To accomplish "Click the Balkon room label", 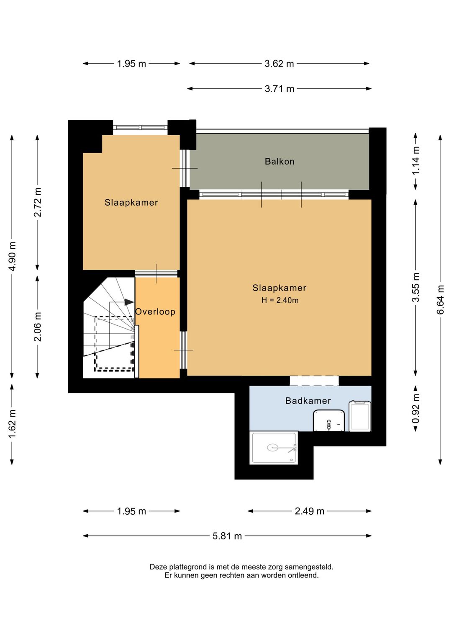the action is [x=279, y=162].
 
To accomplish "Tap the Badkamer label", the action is [x=308, y=401].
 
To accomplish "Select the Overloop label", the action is [x=155, y=312].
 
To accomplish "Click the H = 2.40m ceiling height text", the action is [x=280, y=300].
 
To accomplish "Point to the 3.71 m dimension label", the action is [x=279, y=89].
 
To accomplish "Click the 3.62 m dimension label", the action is [x=279, y=64].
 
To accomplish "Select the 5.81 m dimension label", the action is [x=227, y=536].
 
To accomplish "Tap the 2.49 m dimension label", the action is [x=309, y=511].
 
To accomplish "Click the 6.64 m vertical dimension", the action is [x=440, y=299].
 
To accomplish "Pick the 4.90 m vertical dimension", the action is [x=12, y=256].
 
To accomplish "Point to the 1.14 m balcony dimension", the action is [x=416, y=160].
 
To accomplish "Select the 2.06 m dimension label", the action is [x=37, y=326].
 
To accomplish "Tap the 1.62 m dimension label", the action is [x=12, y=424].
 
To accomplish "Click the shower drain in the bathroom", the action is [x=272, y=447].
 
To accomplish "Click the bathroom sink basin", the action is [x=329, y=420].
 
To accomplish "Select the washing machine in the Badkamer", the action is [x=360, y=416].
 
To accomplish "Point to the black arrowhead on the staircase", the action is [x=129, y=302].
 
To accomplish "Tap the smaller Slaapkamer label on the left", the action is [x=131, y=203].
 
